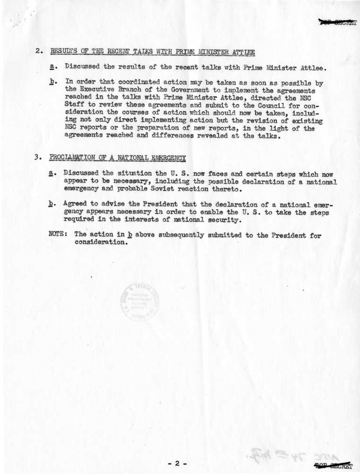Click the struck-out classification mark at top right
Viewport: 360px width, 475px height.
pyautogui.click(x=337, y=21)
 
